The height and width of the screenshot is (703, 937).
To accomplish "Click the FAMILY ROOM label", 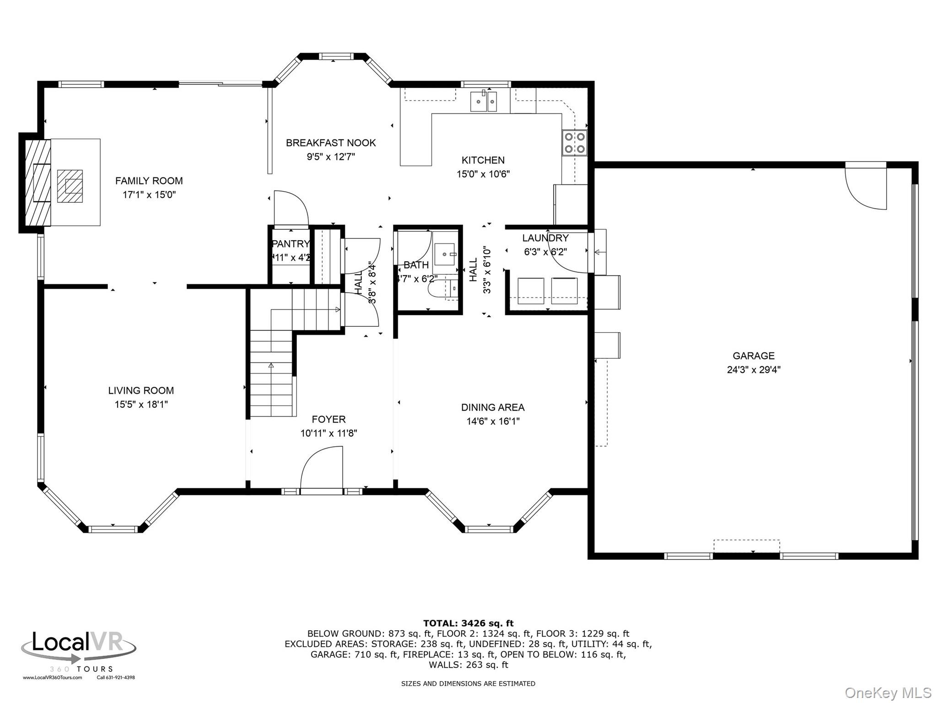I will click(x=149, y=181).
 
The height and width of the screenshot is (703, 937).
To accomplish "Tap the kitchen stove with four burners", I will click(x=575, y=142).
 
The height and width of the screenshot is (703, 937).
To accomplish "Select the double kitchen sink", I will click(x=484, y=101).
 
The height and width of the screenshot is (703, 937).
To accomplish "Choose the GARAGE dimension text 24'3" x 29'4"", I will click(x=753, y=370).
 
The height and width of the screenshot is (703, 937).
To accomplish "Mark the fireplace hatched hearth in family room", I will click(x=70, y=186).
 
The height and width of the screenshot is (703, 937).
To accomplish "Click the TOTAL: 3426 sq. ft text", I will click(x=468, y=623).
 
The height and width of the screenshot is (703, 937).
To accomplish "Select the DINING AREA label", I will click(x=492, y=407).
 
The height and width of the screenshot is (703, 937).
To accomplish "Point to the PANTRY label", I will click(x=291, y=244).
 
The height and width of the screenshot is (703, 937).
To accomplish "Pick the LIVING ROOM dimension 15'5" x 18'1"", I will click(x=141, y=405).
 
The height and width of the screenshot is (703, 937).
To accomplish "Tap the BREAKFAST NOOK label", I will click(x=330, y=143).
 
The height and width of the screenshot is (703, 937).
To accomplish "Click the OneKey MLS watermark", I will click(x=888, y=693).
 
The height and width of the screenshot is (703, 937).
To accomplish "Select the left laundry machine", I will click(x=530, y=291).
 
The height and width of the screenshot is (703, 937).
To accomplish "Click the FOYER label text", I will click(x=328, y=419).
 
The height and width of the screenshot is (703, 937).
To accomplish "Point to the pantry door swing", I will click(x=291, y=208).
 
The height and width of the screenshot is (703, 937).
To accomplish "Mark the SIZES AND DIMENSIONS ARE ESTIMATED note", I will click(x=468, y=683).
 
